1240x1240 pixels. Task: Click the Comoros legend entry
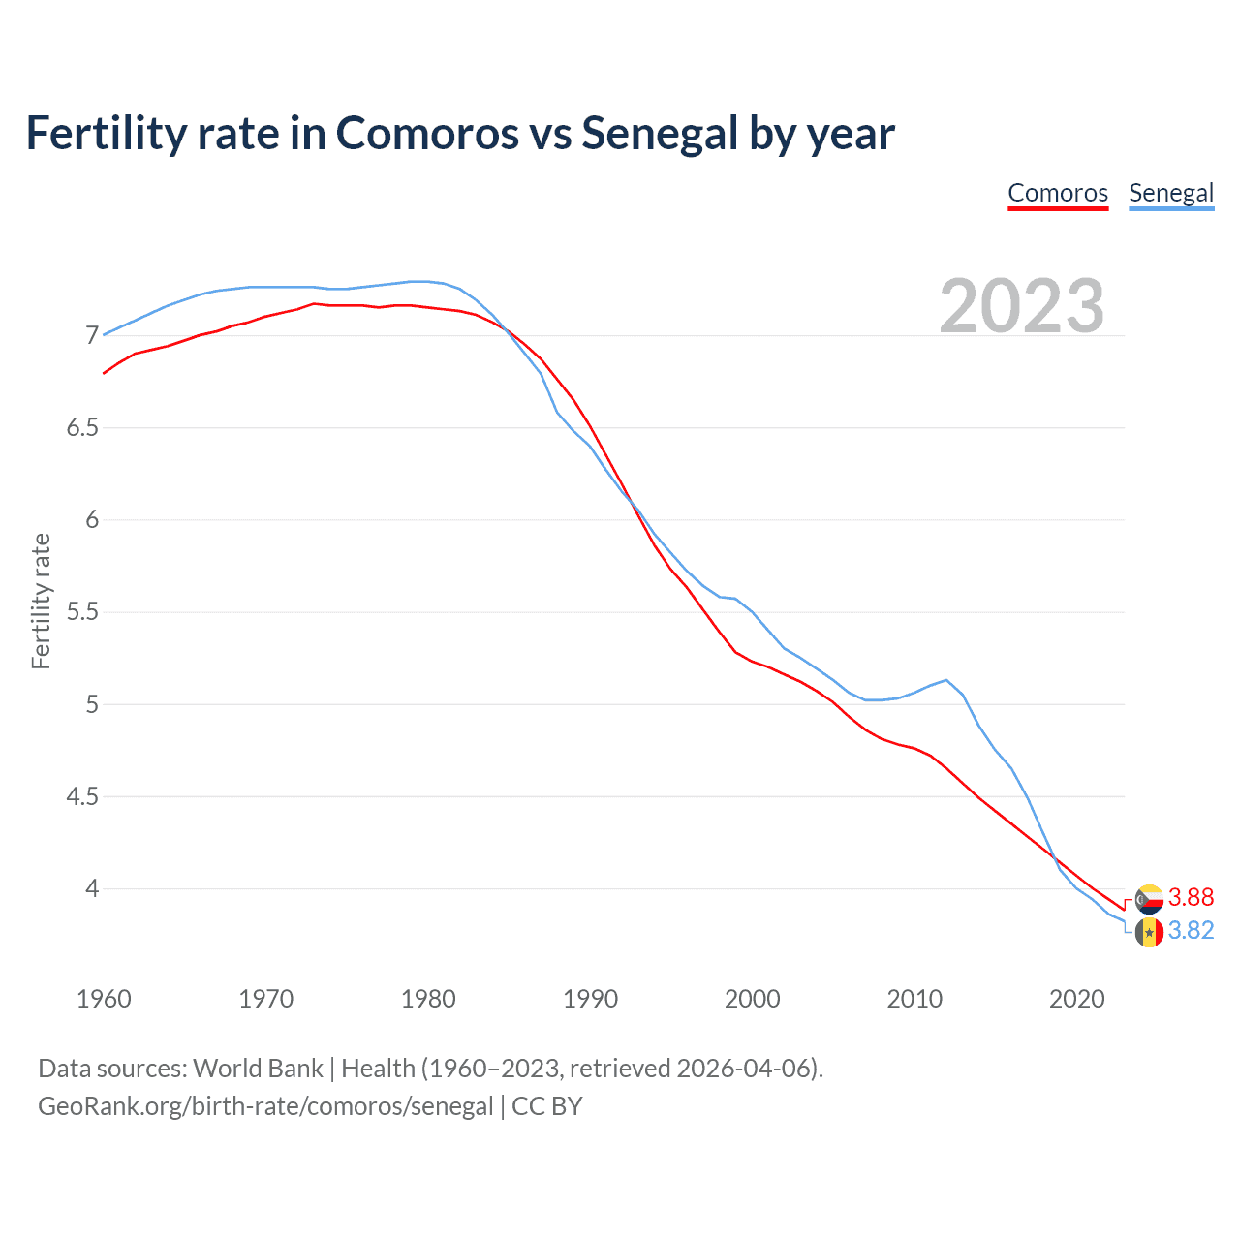click(1058, 193)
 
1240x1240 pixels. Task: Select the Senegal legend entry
click(1171, 193)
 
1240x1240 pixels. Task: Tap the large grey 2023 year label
click(1021, 306)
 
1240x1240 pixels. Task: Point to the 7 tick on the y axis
click(92, 336)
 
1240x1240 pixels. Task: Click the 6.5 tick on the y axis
click(82, 428)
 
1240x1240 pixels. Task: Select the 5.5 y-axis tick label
click(82, 612)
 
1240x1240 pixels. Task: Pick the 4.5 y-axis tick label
click(82, 797)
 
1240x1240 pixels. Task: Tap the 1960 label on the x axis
click(104, 999)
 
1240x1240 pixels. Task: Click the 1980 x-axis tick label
click(428, 999)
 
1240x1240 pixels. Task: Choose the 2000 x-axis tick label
click(752, 999)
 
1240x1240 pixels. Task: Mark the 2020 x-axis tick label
click(1076, 999)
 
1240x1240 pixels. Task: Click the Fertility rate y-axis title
click(41, 601)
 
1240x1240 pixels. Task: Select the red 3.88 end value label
click(1191, 897)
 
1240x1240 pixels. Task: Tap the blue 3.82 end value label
click(1191, 930)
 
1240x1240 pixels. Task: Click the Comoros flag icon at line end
click(1149, 899)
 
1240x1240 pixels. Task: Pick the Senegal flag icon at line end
click(1149, 932)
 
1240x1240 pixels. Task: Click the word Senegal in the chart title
click(660, 134)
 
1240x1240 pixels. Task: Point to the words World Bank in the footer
click(258, 1069)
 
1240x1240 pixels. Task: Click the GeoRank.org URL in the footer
click(265, 1106)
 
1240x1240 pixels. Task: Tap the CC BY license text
click(547, 1106)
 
